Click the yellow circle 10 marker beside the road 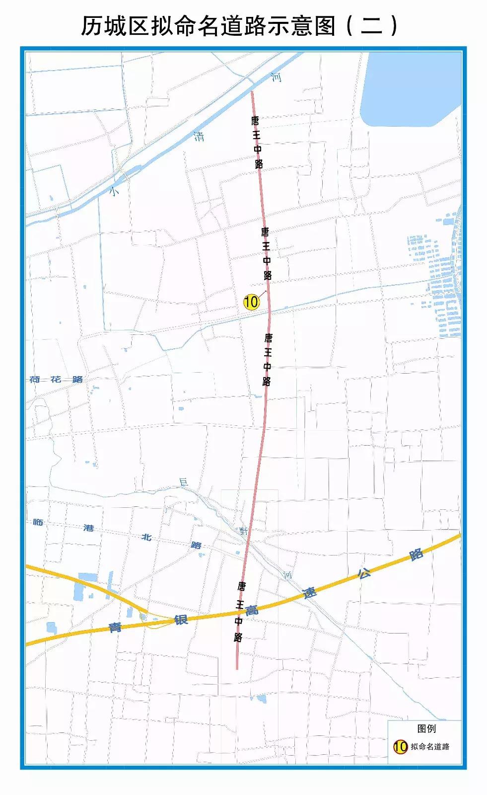pyautogui.click(x=252, y=301)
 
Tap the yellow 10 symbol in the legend pyautogui.click(x=400, y=746)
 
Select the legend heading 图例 pyautogui.click(x=426, y=728)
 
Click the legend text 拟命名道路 pyautogui.click(x=430, y=747)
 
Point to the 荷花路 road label pyautogui.click(x=56, y=379)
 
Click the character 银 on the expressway pyautogui.click(x=181, y=620)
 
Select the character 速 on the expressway pyautogui.click(x=310, y=593)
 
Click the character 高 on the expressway pyautogui.click(x=252, y=611)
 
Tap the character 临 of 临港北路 pyautogui.click(x=38, y=522)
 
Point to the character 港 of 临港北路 pyautogui.click(x=89, y=528)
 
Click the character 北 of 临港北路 pyautogui.click(x=146, y=537)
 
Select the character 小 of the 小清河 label pyautogui.click(x=115, y=191)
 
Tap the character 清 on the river pyautogui.click(x=199, y=136)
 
